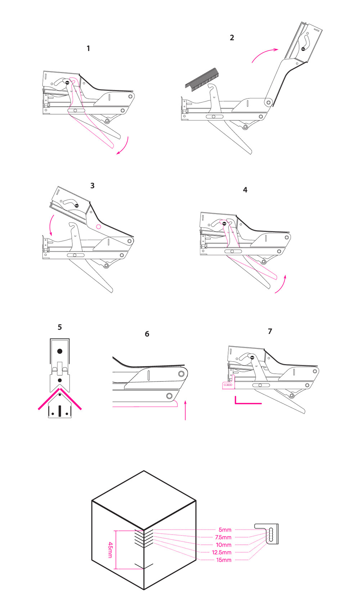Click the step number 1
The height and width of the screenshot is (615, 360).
(88, 49)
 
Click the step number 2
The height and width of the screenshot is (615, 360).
(232, 37)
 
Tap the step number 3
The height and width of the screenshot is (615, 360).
(93, 186)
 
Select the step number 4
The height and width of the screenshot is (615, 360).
(245, 190)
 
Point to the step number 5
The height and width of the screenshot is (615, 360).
(60, 327)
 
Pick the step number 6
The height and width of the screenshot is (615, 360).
(147, 334)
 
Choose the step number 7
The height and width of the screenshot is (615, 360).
(270, 331)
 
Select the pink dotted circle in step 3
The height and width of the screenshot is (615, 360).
(99, 227)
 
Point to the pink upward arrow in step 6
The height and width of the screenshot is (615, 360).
(185, 410)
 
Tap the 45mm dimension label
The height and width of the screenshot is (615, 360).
(110, 550)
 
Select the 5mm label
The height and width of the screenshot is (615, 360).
(225, 530)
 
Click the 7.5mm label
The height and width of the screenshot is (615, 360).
(223, 537)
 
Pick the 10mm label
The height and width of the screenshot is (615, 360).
(224, 545)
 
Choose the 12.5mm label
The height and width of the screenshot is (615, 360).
(222, 552)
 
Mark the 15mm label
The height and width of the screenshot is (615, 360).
(224, 560)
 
